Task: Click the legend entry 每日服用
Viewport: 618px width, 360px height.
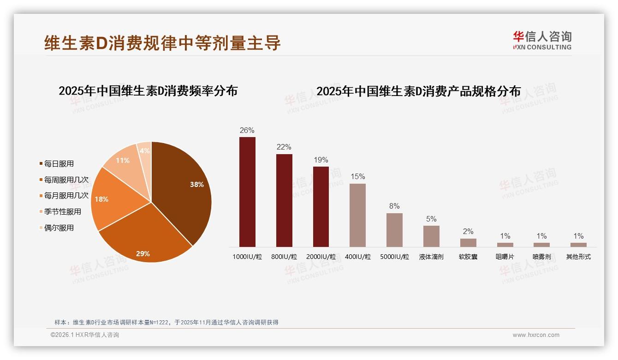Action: coord(59,164)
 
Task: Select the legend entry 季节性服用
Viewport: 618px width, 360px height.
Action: coord(63,212)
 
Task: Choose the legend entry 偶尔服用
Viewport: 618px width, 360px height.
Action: coord(59,228)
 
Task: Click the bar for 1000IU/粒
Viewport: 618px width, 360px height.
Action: coord(247,192)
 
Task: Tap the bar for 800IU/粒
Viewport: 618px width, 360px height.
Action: coord(284,200)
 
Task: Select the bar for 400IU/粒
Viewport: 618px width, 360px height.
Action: coord(357,215)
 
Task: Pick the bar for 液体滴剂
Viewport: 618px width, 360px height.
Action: coord(431,236)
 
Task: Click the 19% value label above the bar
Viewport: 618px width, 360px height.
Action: coord(321,160)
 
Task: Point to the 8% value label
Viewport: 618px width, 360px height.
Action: coord(394,206)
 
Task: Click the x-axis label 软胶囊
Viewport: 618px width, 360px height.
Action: coord(468,257)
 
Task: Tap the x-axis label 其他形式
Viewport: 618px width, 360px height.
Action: coord(578,257)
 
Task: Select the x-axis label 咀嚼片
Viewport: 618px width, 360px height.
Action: coord(505,257)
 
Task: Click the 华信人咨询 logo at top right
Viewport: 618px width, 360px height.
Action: coord(542,40)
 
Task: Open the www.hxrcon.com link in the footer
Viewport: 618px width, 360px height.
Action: coord(536,335)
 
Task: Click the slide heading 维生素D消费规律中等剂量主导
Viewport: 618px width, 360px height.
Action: coord(162,43)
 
